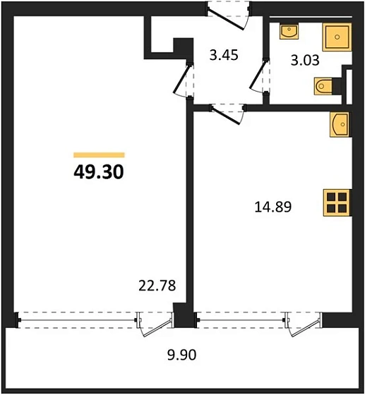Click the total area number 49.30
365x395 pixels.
tap(99, 171)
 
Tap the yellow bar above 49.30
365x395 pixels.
tap(99, 154)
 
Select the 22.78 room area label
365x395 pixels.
tap(156, 286)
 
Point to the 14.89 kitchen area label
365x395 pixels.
tap(273, 207)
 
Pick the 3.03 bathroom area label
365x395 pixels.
tap(306, 59)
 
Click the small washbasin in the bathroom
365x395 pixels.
tap(289, 32)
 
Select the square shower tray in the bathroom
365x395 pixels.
tap(338, 37)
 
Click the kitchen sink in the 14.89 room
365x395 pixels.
tap(339, 125)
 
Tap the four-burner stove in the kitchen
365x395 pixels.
tap(337, 203)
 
